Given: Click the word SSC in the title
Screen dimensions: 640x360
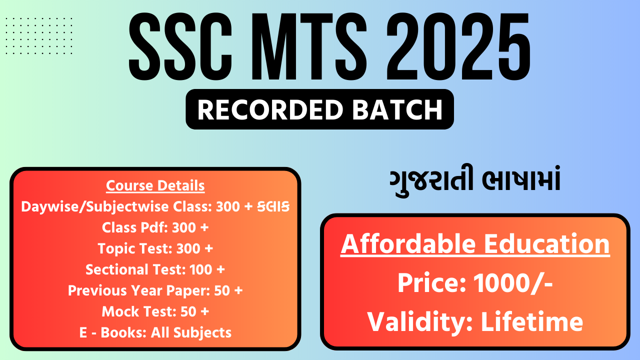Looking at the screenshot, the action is pyautogui.click(x=180, y=46).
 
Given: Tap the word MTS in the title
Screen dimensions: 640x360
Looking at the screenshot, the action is pyautogui.click(x=309, y=46).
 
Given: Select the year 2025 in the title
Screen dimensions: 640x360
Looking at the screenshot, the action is pyautogui.click(x=458, y=46).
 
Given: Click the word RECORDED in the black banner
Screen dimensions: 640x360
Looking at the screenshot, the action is pyautogui.click(x=270, y=109).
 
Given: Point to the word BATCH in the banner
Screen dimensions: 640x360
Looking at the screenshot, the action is pyautogui.click(x=397, y=109).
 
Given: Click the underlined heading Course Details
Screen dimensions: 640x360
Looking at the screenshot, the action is pyautogui.click(x=155, y=185).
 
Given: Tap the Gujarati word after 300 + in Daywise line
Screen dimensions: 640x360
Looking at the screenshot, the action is pyautogui.click(x=273, y=206).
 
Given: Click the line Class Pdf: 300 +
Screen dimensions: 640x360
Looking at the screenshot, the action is pyautogui.click(x=155, y=227).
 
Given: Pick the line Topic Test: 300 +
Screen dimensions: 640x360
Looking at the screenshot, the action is pyautogui.click(x=155, y=248).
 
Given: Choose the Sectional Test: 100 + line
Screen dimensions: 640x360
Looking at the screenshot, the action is pyautogui.click(x=155, y=269).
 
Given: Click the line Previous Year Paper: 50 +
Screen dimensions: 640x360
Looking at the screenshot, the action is pyautogui.click(x=155, y=290).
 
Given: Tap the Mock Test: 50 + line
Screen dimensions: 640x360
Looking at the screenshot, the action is pyautogui.click(x=155, y=311).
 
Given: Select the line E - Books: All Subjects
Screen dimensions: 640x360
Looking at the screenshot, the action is pyautogui.click(x=155, y=332).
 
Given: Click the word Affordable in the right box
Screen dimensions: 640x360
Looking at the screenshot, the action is pyautogui.click(x=408, y=244).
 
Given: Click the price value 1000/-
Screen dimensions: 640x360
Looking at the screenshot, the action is pyautogui.click(x=513, y=283).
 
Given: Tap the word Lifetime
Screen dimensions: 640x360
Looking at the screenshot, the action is pyautogui.click(x=532, y=322).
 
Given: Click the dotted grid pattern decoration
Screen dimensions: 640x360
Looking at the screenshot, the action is pyautogui.click(x=39, y=35).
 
